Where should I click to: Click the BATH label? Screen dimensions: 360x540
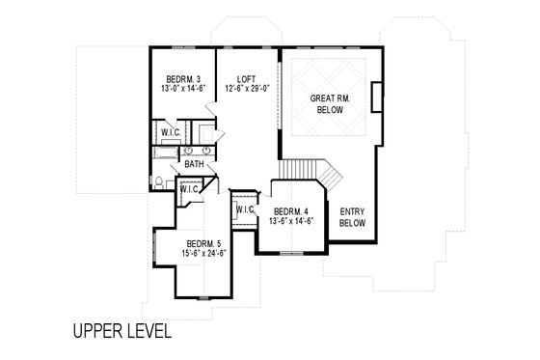tap(195, 165)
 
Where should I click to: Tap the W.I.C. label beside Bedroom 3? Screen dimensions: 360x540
tap(171, 133)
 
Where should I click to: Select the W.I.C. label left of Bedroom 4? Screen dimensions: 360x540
tap(244, 208)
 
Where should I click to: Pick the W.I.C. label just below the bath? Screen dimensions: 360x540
tap(189, 189)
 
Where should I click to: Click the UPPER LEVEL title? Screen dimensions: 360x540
tap(121, 332)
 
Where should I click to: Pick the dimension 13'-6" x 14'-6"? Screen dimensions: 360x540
tap(292, 223)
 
